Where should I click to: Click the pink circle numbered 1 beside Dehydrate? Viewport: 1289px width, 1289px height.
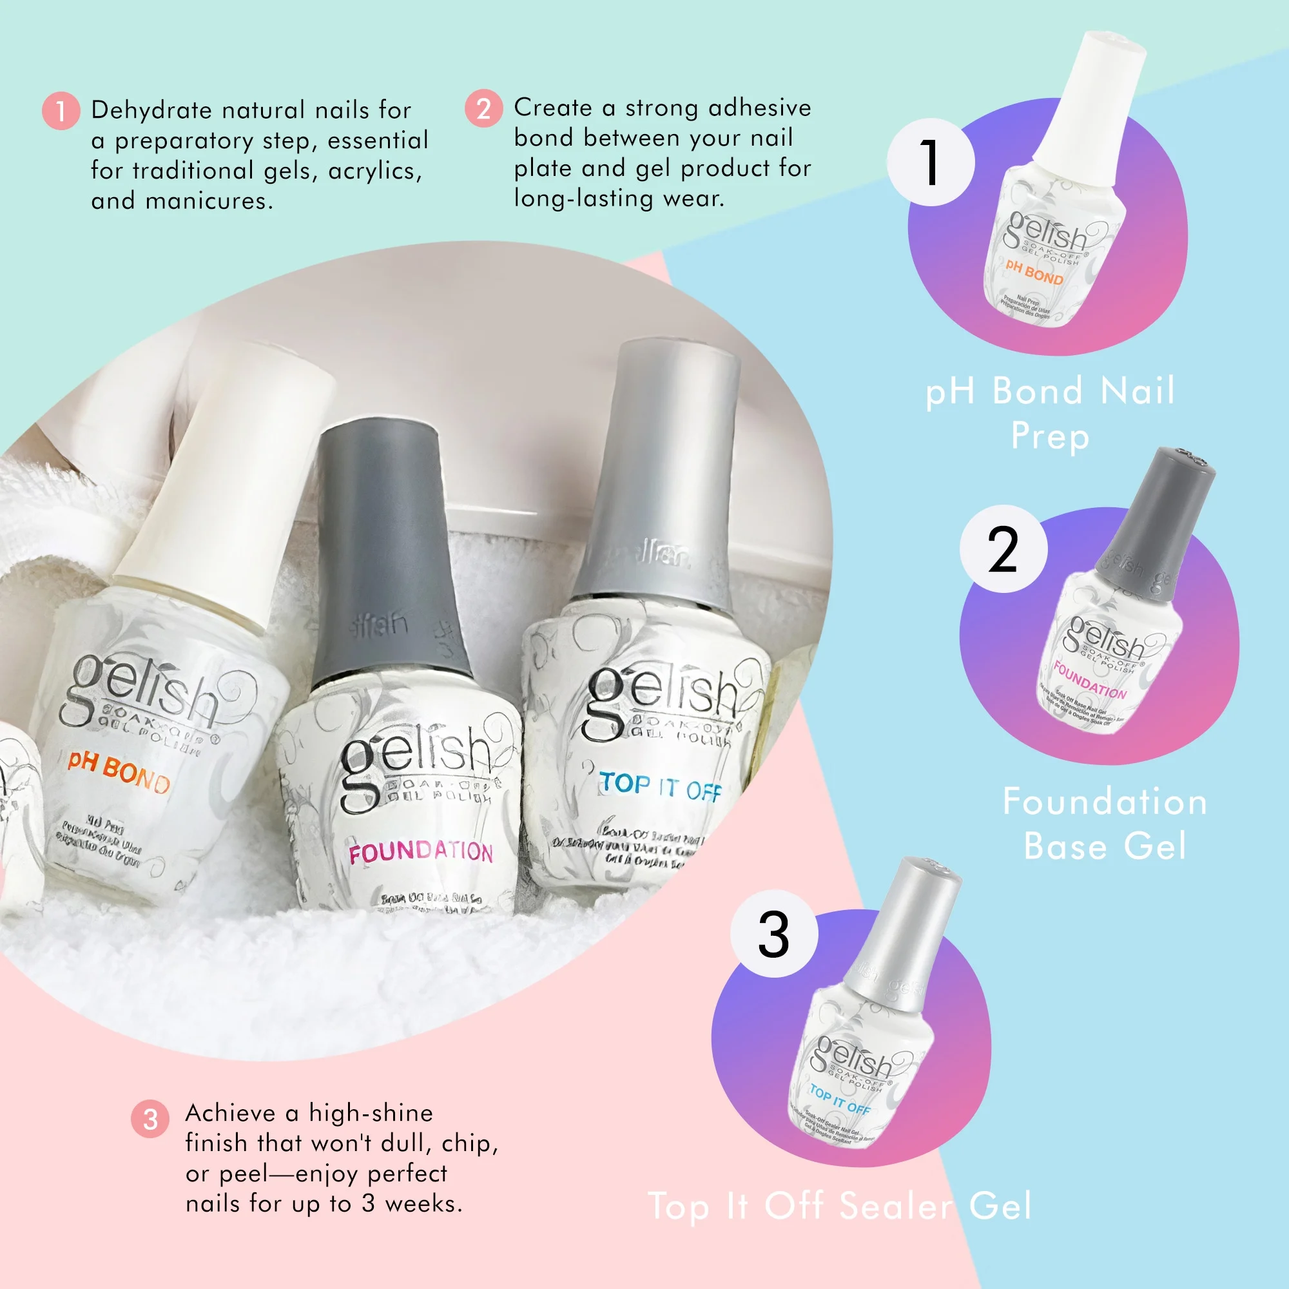coord(61,111)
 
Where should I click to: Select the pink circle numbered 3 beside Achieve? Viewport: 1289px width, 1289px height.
coord(150,1119)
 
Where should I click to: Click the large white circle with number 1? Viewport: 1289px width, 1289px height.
coord(930,162)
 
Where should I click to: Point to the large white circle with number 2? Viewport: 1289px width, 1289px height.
coord(1003,549)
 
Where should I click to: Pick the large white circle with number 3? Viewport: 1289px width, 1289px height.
coord(774,934)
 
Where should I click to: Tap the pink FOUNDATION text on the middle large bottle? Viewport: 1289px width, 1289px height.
coord(420,852)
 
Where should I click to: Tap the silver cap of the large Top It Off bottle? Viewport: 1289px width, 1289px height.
coord(661,467)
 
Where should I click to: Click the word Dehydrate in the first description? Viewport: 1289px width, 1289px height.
coord(151,110)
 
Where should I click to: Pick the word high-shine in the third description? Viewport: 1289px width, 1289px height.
coord(371,1112)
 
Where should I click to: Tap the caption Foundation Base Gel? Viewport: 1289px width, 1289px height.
coord(1105,823)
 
